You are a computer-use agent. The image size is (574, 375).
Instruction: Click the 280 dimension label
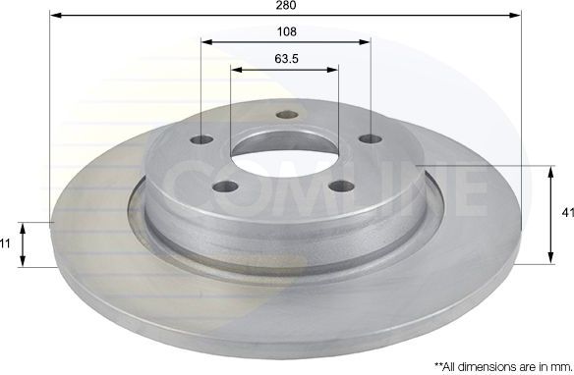click(x=286, y=5)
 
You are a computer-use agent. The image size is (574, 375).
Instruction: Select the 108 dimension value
click(x=287, y=31)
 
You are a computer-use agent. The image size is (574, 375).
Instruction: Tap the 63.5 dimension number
click(x=287, y=59)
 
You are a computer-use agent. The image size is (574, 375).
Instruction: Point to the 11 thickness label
click(x=5, y=243)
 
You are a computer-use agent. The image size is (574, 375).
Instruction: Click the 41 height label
click(x=568, y=212)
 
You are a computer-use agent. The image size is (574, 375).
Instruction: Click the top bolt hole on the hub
click(x=287, y=115)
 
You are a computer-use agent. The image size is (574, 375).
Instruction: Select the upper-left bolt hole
click(x=202, y=139)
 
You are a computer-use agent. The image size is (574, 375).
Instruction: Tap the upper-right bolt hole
click(x=371, y=138)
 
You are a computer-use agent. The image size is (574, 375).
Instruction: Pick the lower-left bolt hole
click(x=225, y=187)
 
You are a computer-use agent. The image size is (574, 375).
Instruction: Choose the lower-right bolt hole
click(x=342, y=187)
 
